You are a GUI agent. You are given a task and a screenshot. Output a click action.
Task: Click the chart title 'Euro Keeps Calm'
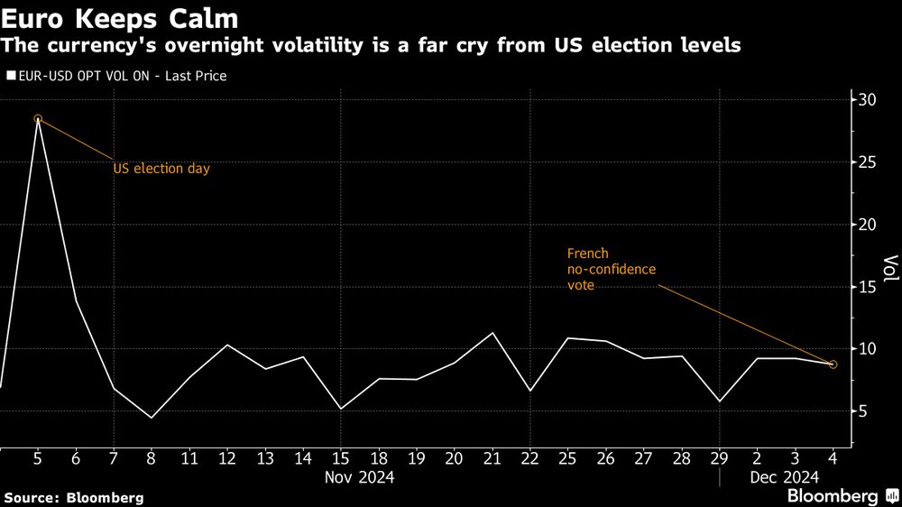119,18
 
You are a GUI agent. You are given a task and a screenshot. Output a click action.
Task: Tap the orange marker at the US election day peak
38,118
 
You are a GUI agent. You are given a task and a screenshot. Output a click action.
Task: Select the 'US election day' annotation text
161,169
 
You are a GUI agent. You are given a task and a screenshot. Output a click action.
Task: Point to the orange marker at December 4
833,364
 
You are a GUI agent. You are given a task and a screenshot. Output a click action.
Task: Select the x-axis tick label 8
152,458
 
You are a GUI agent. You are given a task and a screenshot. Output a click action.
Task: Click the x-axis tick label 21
492,458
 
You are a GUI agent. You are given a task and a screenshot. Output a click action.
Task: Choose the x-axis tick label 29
719,458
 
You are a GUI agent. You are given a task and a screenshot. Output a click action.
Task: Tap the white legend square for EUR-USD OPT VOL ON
10,77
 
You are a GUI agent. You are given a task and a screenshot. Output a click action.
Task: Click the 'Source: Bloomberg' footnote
74,497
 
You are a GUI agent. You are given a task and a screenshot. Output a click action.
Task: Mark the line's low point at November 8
152,418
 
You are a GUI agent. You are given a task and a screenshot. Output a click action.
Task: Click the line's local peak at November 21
492,333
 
